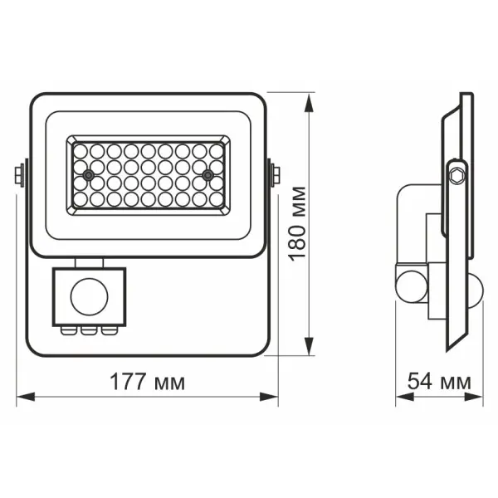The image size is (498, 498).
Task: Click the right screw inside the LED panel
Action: tap(207, 175)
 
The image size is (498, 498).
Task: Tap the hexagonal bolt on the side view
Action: tap(454, 175)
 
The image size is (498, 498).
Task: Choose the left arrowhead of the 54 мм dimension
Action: tap(399, 396)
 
